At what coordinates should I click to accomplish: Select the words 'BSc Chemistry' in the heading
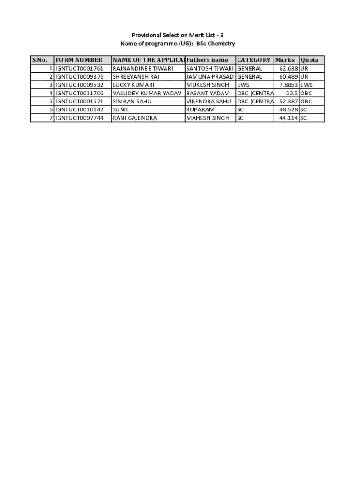point(216,44)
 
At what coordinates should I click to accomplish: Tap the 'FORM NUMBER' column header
point(79,60)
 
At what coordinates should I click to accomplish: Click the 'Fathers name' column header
point(208,60)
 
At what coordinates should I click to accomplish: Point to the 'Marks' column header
point(285,60)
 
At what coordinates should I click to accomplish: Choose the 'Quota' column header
point(310,60)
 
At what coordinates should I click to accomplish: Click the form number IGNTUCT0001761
point(79,68)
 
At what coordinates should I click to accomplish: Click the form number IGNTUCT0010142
point(79,109)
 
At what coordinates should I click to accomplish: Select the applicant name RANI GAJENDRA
point(135,118)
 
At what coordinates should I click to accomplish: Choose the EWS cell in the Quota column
point(306,85)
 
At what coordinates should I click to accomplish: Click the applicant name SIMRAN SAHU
point(132,101)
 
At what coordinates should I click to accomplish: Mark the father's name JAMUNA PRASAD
point(209,77)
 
